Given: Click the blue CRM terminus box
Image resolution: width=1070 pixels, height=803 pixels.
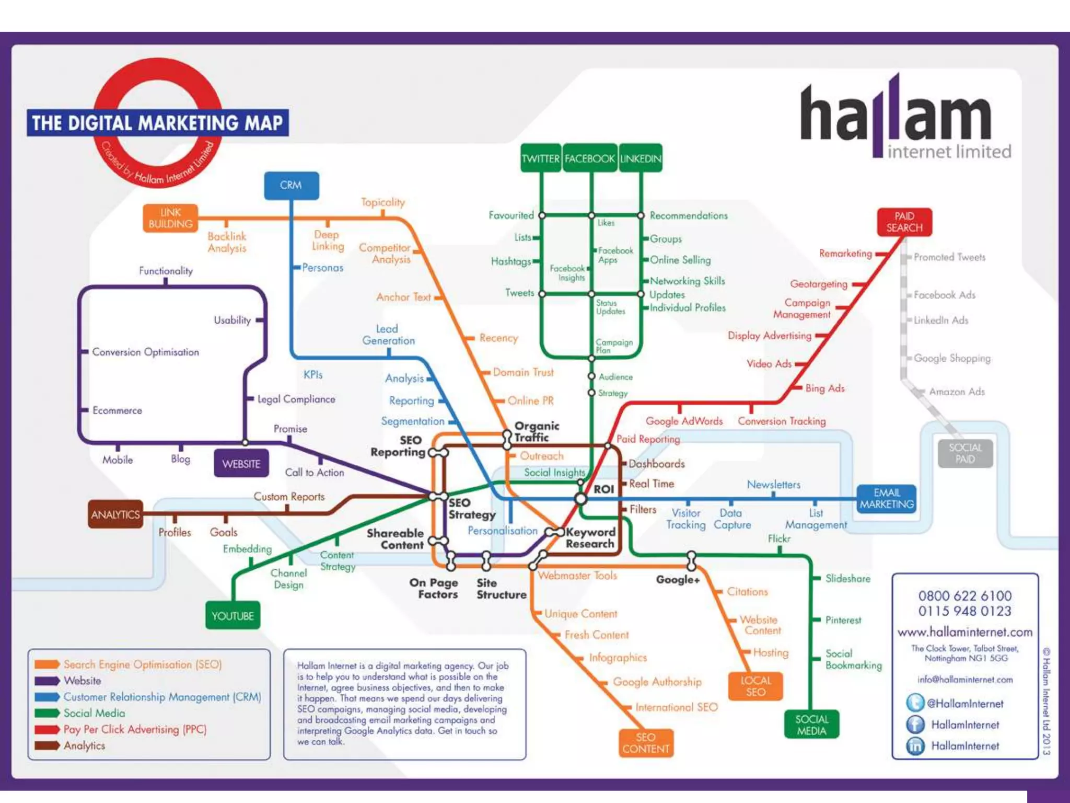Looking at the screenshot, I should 291,185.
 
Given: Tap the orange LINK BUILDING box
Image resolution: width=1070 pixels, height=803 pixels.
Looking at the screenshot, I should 170,218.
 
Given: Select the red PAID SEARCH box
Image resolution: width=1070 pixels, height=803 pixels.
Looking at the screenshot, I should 904,222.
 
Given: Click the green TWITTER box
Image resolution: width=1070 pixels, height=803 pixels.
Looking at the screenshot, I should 541,158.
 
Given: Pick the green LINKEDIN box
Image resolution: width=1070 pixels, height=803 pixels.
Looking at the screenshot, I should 641,158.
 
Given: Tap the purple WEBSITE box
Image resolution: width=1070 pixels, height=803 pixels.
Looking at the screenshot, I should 241,464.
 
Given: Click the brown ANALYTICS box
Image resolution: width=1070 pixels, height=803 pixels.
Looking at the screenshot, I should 115,514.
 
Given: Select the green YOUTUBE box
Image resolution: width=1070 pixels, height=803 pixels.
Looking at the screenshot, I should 232,616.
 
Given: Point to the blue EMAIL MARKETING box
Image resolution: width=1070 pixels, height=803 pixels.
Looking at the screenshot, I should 887,499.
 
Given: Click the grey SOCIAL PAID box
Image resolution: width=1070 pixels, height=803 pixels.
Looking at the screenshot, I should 965,453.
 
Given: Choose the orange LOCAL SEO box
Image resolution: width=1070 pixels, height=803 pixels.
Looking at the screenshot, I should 755,686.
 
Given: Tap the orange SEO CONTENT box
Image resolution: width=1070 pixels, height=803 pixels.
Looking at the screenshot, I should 646,743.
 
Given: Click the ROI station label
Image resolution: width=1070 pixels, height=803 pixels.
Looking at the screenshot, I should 603,489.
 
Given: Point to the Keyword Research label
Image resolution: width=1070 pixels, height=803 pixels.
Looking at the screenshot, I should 590,538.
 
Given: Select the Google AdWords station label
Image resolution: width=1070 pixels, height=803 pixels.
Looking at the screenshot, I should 684,421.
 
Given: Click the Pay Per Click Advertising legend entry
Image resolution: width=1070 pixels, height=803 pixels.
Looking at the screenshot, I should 135,729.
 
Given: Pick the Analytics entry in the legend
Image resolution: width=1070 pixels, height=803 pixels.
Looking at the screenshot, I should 84,745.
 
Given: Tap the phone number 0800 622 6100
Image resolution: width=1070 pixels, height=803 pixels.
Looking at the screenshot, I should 964,595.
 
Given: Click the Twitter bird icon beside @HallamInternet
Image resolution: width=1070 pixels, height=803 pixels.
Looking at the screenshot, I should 915,703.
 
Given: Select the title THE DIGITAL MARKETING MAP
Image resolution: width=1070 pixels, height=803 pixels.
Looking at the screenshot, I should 157,123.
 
